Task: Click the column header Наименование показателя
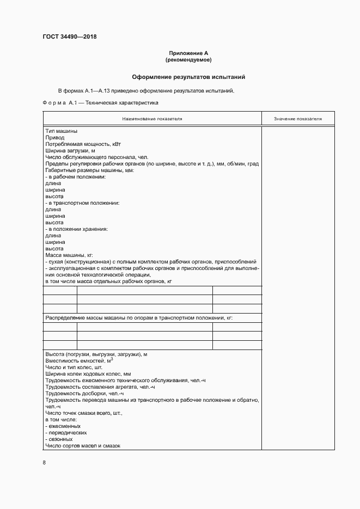(x=152, y=118)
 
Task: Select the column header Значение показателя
(x=298, y=118)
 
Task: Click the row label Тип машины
(x=61, y=131)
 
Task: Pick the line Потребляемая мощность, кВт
(x=82, y=144)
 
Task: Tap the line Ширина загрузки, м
(x=70, y=151)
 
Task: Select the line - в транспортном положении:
(x=82, y=203)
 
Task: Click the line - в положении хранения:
(x=77, y=229)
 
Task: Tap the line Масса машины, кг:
(x=70, y=255)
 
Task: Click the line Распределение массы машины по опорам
(x=142, y=317)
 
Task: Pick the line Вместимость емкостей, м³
(x=80, y=361)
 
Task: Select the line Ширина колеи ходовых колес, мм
(x=88, y=374)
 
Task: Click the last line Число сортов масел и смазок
(x=83, y=446)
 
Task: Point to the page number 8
(x=44, y=463)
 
